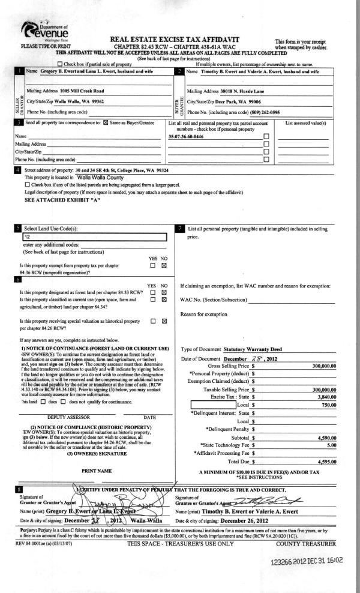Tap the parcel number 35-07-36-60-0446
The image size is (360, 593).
tap(190, 153)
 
